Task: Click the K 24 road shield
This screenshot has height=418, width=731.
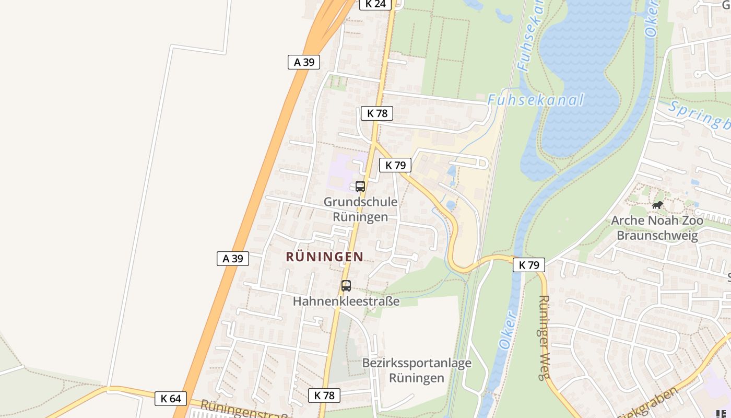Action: pos(375,4)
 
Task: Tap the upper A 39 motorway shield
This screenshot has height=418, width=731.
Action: pos(304,62)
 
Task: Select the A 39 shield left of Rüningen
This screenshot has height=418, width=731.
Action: pos(233,259)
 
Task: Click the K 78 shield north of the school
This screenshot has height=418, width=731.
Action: pos(376,113)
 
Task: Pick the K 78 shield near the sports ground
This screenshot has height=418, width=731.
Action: pos(324,396)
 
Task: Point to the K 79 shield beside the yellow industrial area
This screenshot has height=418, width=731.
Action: pos(395,166)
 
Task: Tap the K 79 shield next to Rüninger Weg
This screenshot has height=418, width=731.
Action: pos(529,265)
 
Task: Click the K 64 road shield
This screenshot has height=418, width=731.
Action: pos(170,399)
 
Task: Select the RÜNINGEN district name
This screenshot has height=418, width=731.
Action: pos(325,257)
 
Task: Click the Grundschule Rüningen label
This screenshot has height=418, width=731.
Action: pos(360,209)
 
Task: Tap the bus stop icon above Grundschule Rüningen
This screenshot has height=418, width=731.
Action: pos(360,186)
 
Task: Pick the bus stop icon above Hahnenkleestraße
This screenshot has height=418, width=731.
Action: pos(346,286)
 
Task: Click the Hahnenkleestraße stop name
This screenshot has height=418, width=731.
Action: pos(346,301)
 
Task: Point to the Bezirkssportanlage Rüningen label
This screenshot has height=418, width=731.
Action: pos(417,370)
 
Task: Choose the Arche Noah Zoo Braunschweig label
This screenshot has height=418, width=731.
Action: pos(657,228)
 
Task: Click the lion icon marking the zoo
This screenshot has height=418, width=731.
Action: pos(657,205)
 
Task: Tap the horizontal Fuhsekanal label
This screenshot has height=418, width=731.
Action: pos(535,99)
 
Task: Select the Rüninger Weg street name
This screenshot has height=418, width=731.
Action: pos(545,338)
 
